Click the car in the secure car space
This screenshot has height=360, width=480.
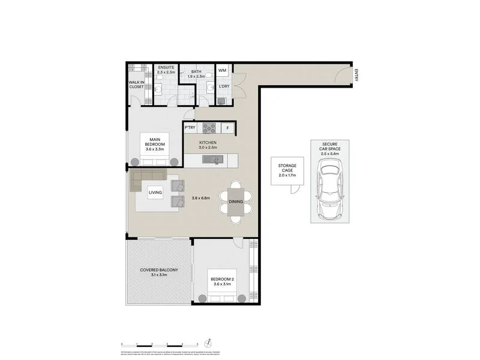[329, 189]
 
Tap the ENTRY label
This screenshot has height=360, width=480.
[356, 76]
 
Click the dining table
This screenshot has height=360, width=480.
[235, 202]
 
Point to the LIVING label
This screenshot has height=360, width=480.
[155, 193]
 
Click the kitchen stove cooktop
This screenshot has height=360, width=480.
[209, 128]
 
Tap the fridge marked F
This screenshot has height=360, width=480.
[227, 128]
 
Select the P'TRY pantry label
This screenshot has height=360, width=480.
[190, 128]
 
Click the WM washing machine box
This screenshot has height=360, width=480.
[222, 71]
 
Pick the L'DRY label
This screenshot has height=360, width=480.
[224, 86]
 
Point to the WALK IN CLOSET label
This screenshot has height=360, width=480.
[136, 85]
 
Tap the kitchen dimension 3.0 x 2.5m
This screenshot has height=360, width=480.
[208, 147]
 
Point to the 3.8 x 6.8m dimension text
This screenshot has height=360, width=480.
[202, 198]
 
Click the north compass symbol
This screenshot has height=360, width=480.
[208, 343]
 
